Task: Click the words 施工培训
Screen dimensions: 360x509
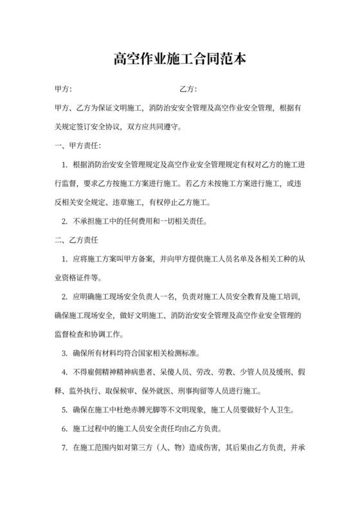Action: [x=281, y=298]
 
